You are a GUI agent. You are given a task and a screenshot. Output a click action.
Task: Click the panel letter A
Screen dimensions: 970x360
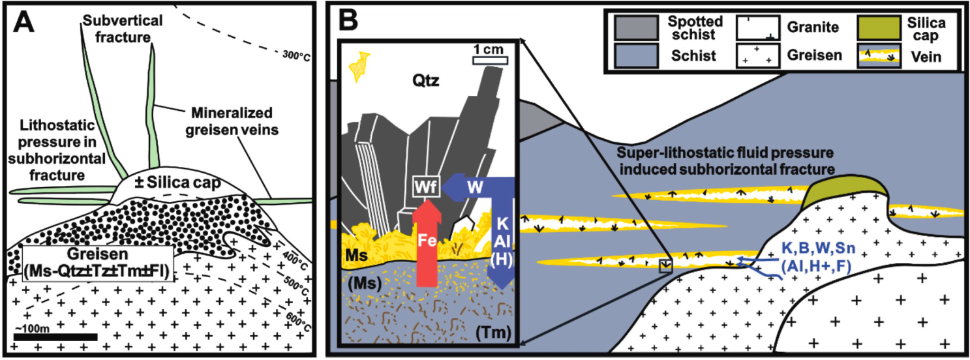click(x=24, y=21)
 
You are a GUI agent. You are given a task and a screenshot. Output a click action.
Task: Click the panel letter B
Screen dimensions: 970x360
click(x=348, y=21)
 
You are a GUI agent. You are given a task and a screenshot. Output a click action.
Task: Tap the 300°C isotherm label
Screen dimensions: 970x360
click(x=297, y=55)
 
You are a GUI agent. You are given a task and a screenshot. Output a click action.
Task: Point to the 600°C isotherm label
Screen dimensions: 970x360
click(x=298, y=322)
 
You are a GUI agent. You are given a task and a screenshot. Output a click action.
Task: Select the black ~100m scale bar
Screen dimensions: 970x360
click(x=55, y=337)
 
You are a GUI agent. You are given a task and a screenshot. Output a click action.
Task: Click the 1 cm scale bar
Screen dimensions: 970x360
click(x=490, y=60)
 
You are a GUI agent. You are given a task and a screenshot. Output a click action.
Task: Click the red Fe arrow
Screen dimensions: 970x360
click(x=427, y=245)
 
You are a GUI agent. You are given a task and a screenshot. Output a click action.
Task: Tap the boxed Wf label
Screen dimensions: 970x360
click(x=427, y=187)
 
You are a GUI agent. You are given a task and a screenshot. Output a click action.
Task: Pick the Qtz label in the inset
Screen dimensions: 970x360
click(x=426, y=80)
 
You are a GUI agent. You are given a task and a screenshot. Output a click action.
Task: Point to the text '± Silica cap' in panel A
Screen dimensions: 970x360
click(x=177, y=183)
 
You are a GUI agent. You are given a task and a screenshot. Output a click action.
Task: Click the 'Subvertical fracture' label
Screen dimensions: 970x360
click(x=123, y=29)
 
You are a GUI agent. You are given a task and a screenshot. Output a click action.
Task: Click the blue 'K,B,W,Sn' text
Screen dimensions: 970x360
click(x=819, y=248)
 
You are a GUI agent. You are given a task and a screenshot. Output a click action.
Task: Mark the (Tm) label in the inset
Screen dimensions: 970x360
click(x=493, y=334)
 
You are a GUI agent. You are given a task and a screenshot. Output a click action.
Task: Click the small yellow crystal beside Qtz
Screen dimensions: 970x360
click(x=360, y=67)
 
